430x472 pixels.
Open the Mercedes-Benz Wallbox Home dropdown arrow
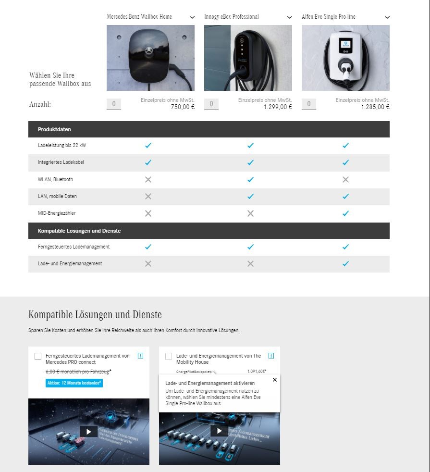[192, 17]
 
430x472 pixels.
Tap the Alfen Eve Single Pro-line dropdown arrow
[387, 17]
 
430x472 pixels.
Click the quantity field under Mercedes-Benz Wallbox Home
[114, 104]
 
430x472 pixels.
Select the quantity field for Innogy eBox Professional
[211, 104]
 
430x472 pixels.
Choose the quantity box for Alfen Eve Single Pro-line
[309, 104]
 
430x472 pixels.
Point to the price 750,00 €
[183, 107]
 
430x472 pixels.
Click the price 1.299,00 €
[278, 107]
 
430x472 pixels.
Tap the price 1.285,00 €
[375, 107]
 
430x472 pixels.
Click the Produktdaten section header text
[54, 129]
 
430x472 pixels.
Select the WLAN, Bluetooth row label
[55, 179]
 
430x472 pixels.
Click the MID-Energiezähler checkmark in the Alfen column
[345, 213]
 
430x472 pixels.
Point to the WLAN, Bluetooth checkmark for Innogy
[250, 179]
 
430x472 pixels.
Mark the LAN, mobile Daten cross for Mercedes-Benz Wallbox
[148, 196]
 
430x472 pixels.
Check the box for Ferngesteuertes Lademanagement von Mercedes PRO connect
[38, 356]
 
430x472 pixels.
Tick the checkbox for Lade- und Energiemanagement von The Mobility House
[169, 356]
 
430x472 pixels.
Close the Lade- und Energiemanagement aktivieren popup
[275, 380]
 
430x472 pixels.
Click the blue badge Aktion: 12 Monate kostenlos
[74, 383]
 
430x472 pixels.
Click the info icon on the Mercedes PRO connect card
[140, 356]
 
